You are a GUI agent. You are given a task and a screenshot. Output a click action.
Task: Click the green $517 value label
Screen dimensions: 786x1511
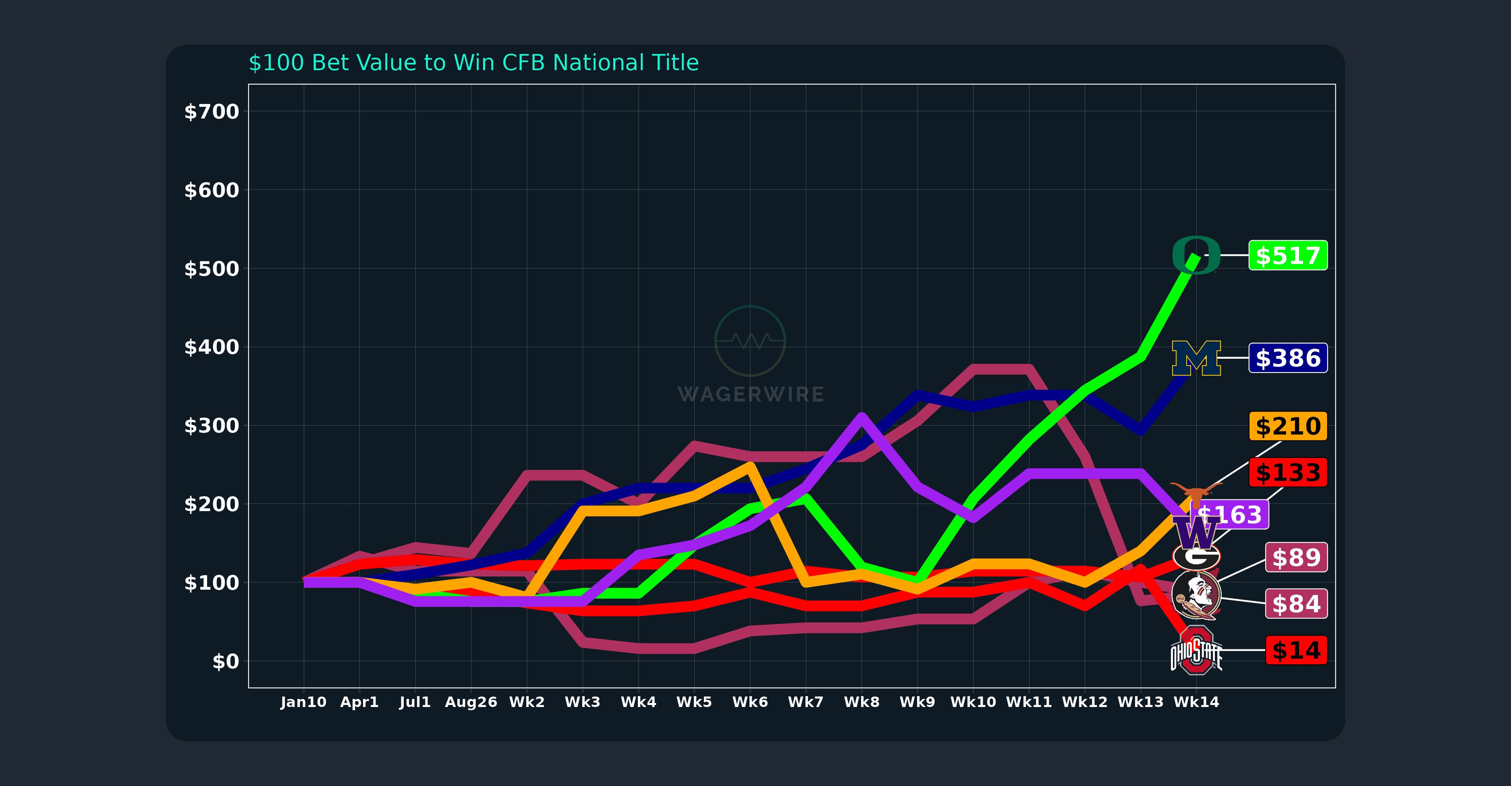click(1287, 256)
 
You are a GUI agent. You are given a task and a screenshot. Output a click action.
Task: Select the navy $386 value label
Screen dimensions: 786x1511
click(1287, 358)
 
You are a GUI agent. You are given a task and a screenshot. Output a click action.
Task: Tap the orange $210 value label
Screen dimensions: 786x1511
click(1287, 426)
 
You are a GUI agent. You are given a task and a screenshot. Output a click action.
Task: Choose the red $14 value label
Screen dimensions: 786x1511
click(1296, 650)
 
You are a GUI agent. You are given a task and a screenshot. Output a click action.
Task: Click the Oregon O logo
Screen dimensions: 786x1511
click(1196, 255)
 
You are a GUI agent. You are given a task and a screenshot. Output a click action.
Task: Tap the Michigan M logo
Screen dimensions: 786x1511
click(1196, 358)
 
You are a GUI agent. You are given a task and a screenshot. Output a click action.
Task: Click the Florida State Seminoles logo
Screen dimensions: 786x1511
click(1196, 595)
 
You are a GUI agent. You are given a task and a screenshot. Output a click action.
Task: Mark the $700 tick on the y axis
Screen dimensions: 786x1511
click(211, 111)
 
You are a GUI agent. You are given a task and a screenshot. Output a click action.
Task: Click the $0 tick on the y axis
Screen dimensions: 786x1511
click(225, 661)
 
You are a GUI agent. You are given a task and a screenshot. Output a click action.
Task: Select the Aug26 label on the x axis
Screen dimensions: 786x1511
click(471, 702)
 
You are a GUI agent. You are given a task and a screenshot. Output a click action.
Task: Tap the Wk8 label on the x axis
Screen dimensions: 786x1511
click(861, 702)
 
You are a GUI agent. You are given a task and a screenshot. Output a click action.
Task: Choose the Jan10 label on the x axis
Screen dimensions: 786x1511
click(303, 702)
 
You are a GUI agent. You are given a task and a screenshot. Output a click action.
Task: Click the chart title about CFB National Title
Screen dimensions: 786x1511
click(473, 63)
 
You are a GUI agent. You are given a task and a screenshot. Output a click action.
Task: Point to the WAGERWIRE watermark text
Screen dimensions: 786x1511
click(751, 394)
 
